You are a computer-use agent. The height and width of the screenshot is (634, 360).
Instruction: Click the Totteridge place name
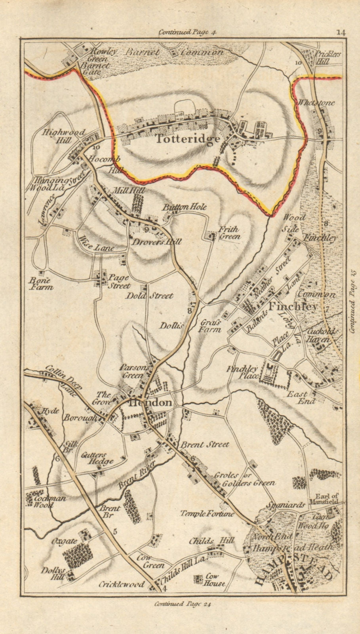[187, 139]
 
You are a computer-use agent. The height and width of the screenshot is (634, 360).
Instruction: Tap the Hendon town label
[150, 403]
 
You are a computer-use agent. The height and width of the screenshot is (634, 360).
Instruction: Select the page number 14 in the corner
[341, 32]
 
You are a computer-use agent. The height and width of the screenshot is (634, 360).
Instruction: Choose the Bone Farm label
[41, 283]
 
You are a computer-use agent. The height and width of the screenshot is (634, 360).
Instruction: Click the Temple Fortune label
[207, 514]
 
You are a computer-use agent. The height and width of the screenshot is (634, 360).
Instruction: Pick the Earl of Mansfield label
[327, 498]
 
